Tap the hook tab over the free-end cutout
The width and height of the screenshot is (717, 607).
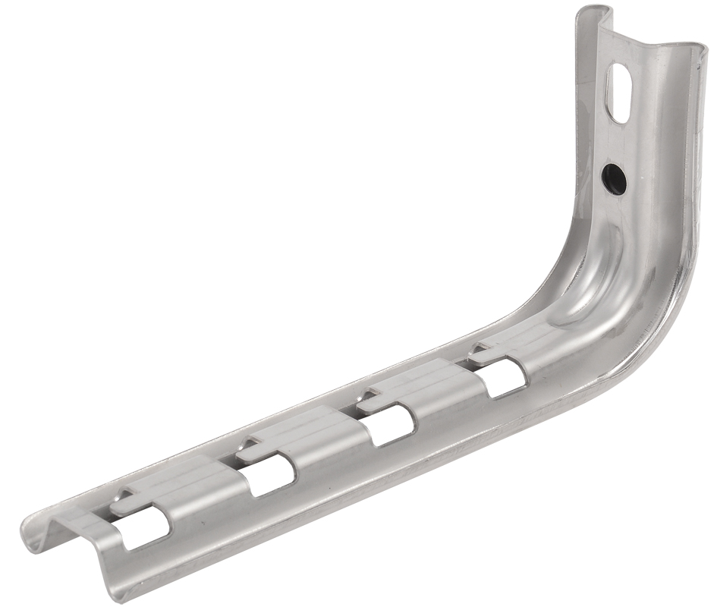point(125,499)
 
